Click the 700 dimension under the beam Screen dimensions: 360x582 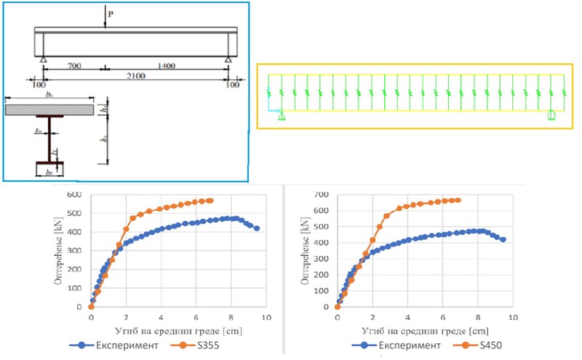(x=73, y=65)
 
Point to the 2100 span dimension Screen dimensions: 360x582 (x=136, y=76)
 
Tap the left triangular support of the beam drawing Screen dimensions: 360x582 (x=44, y=59)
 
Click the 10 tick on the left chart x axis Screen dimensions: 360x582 (x=266, y=318)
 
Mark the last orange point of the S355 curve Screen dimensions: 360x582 (x=210, y=201)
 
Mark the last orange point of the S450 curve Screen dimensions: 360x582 (x=458, y=200)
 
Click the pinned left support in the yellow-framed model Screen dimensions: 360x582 (x=282, y=116)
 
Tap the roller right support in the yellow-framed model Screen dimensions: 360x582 (x=551, y=115)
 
